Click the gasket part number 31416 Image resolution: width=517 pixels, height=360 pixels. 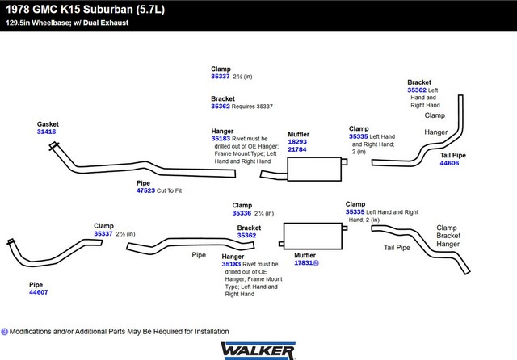tap(47, 132)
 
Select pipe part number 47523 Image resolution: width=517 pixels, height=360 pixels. tap(145, 190)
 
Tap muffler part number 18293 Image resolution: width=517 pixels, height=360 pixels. tap(297, 141)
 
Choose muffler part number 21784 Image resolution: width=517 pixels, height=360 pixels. tap(297, 149)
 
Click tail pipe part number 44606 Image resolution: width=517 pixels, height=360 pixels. tap(449, 163)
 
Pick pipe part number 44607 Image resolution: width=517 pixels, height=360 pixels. tap(39, 292)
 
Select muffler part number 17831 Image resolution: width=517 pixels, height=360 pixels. tap(304, 263)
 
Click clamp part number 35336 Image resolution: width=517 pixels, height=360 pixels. tap(242, 213)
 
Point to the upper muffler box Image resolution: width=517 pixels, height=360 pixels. tap(314, 169)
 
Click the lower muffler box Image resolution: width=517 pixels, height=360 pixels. tap(313, 236)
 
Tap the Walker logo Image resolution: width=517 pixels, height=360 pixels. tap(258, 350)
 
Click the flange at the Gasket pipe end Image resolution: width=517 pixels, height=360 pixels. tap(54, 145)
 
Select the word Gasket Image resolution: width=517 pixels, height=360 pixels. tap(48, 124)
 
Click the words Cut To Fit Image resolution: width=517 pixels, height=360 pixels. tap(169, 190)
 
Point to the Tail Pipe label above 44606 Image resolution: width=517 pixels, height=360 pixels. tap(453, 156)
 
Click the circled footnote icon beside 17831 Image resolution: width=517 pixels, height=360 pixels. tap(316, 263)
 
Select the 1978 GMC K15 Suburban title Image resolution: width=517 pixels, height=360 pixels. tap(85, 9)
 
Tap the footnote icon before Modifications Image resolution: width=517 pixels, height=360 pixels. tap(4, 332)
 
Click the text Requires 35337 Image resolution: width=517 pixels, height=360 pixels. tap(252, 107)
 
